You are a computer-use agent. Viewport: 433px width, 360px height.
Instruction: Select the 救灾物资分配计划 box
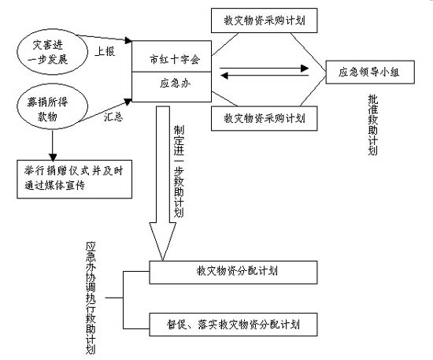click(x=233, y=272)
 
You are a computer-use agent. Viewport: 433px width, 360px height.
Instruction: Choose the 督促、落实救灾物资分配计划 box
click(x=233, y=323)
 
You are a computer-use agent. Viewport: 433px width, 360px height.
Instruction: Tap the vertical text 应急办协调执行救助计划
click(x=92, y=297)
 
